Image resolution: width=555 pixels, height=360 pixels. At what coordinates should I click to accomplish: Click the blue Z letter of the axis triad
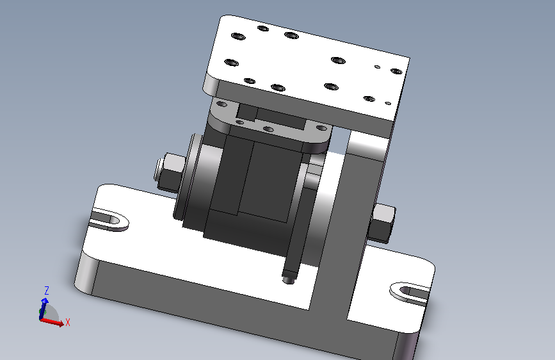(x=46, y=291)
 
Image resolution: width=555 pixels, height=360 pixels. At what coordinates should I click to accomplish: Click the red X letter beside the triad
(x=68, y=322)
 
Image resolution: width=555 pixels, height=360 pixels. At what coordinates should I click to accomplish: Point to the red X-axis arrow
(x=52, y=321)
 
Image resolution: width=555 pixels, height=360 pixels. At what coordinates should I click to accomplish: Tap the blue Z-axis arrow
(x=44, y=308)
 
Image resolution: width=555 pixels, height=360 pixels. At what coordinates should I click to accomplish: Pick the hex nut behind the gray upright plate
(x=382, y=224)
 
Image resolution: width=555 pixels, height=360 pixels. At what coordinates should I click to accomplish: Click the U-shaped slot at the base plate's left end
(x=109, y=220)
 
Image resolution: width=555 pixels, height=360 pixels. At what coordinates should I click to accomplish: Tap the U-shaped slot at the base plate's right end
(x=410, y=294)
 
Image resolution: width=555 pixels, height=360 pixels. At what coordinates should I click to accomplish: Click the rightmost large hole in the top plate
(x=396, y=71)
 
